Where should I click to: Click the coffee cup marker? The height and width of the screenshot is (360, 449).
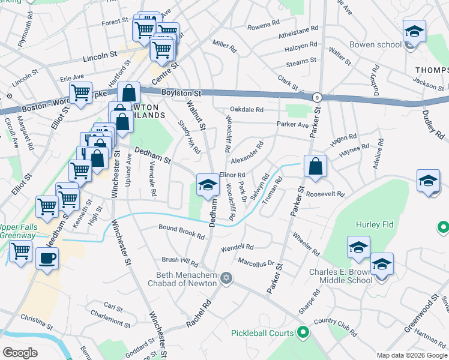pyautogui.click(x=47, y=259)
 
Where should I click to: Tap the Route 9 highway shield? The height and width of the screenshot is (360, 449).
pyautogui.click(x=316, y=97)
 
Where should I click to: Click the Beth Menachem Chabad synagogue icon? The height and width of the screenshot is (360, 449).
pyautogui.click(x=226, y=278)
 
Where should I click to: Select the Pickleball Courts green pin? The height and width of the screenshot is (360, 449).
pyautogui.click(x=303, y=332)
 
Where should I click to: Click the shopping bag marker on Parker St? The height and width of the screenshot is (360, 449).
pyautogui.click(x=315, y=166)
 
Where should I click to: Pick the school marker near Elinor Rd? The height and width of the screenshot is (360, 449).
pyautogui.click(x=208, y=184)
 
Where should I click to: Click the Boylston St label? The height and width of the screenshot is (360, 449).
pyautogui.click(x=181, y=94)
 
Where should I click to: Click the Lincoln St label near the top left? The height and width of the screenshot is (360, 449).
pyautogui.click(x=99, y=55)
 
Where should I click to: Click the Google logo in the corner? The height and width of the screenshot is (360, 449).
pyautogui.click(x=20, y=353)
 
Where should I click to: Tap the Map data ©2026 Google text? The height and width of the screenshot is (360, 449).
pyautogui.click(x=411, y=355)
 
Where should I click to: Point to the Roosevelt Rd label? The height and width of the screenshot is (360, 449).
pyautogui.click(x=325, y=194)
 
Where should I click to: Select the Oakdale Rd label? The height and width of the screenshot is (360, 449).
pyautogui.click(x=246, y=110)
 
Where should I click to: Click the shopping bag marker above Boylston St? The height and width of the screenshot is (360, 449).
pyautogui.click(x=128, y=93)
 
